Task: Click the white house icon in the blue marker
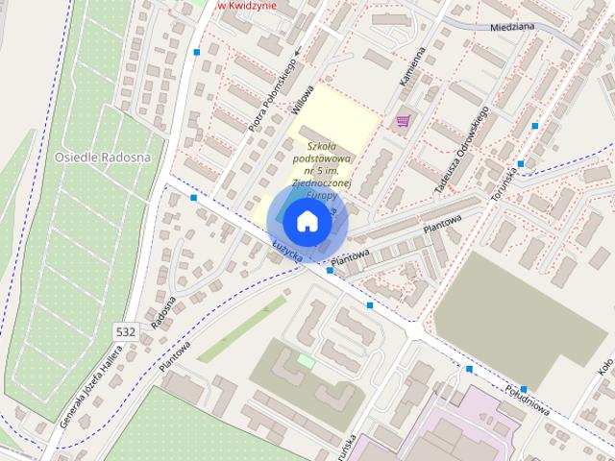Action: point(307,222)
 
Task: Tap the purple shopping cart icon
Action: point(403,121)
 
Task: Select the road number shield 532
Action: point(125,330)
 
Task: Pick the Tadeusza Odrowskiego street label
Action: point(462,149)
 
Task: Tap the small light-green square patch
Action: point(306,360)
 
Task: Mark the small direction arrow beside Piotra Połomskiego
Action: point(296,50)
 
